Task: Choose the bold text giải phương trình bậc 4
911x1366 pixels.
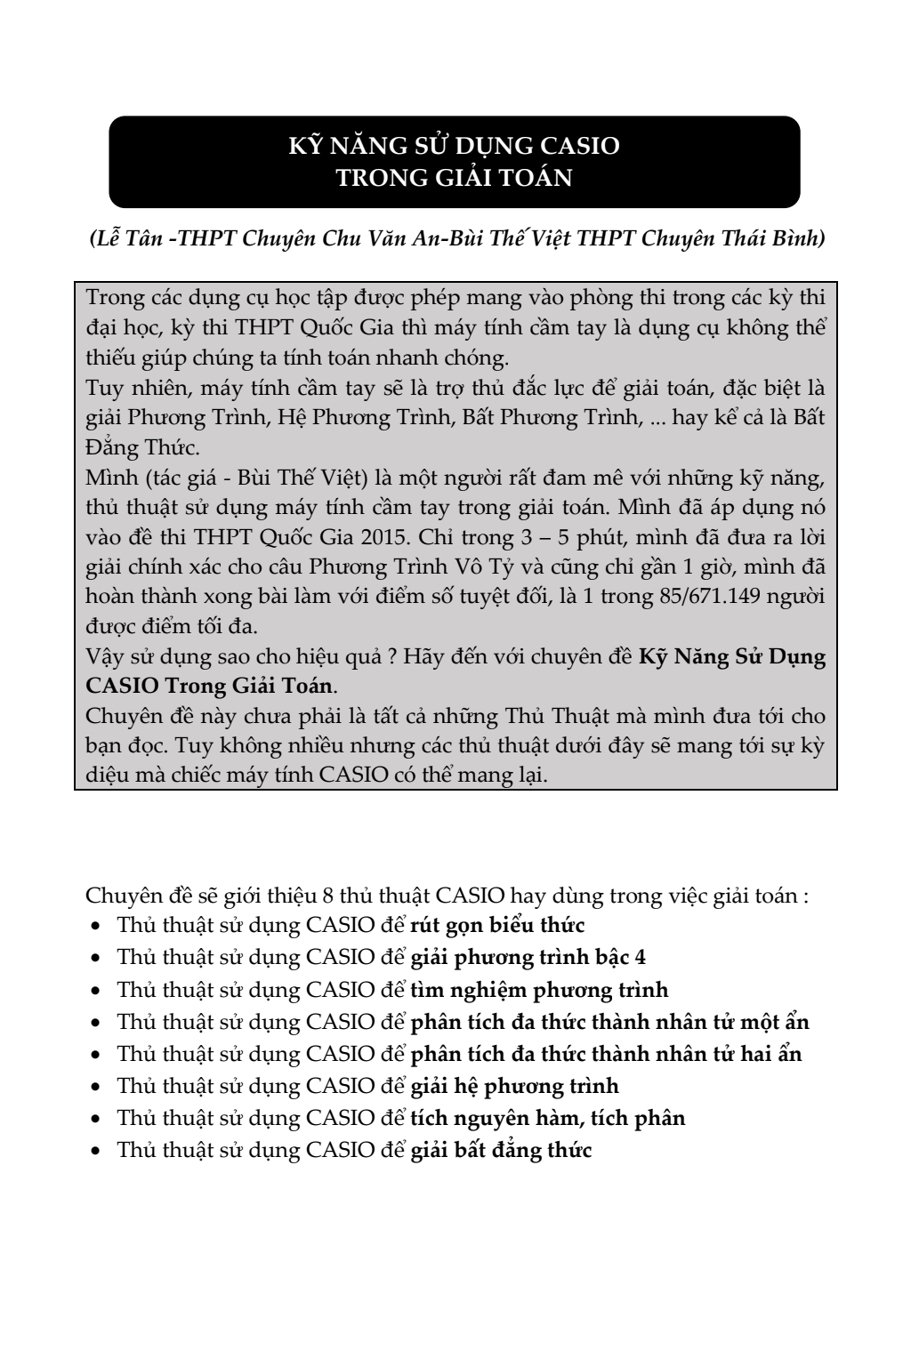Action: click(x=534, y=958)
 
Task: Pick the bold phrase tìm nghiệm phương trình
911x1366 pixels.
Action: click(x=539, y=990)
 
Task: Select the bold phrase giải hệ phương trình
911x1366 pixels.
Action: click(x=514, y=1086)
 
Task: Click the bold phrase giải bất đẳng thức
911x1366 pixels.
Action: click(x=501, y=1150)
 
